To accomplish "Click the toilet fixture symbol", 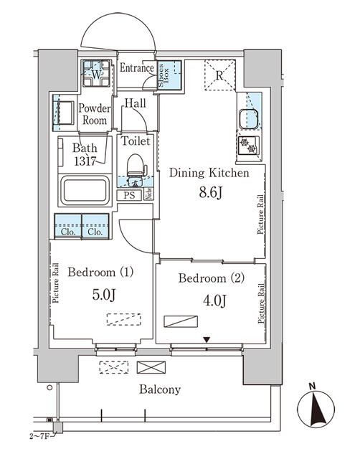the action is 136,167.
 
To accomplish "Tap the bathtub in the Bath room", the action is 85,189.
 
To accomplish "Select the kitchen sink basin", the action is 249,119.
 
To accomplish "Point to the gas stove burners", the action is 248,146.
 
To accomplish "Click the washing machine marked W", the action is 96,73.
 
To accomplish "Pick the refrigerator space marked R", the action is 220,75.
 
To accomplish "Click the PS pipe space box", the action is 129,195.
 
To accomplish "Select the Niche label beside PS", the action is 148,194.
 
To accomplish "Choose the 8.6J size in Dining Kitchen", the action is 211,193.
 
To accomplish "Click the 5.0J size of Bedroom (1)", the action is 104,295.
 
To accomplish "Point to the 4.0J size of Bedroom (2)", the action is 214,301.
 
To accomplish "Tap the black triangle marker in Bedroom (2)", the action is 207,340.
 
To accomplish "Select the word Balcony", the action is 160,389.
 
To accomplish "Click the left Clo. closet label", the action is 68,232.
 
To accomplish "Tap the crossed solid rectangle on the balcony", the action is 151,368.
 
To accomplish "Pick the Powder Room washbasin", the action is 64,113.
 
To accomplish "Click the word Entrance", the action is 137,68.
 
